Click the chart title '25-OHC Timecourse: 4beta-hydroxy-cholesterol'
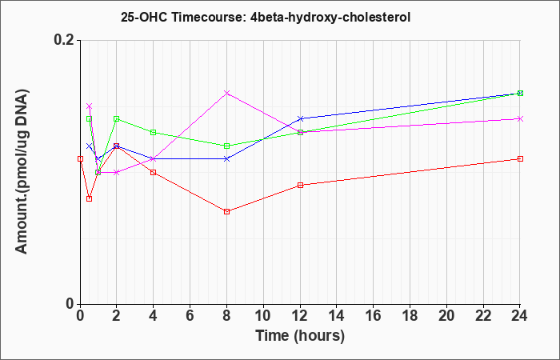point(266,17)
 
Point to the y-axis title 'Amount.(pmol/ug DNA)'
point(22,172)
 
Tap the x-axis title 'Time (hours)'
point(300,336)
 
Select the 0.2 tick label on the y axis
point(64,40)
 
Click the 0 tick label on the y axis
point(70,304)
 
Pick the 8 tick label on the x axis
point(226,316)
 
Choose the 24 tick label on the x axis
point(520,316)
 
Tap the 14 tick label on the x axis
point(337,316)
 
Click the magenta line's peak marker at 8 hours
point(226,93)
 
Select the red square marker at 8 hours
point(226,211)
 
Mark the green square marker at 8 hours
point(226,146)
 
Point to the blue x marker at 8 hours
point(226,158)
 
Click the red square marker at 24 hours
point(520,158)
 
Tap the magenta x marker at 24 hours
point(520,118)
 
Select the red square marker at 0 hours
point(80,158)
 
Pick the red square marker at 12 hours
point(300,185)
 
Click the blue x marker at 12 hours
point(300,118)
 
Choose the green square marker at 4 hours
point(154,132)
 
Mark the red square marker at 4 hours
point(154,172)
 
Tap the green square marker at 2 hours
point(117,118)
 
